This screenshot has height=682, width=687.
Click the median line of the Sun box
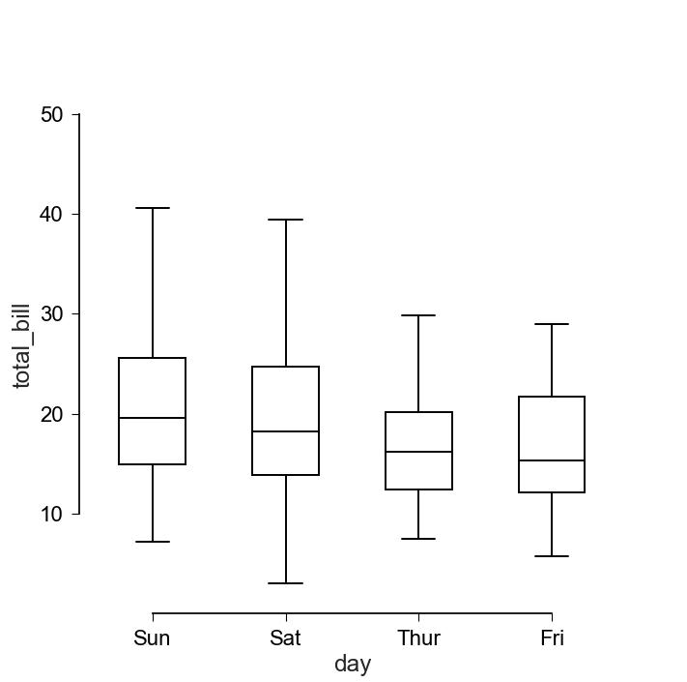point(152,418)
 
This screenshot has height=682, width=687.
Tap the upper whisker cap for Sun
point(152,208)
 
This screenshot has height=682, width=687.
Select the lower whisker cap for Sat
point(285,583)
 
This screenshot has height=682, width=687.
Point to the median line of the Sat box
point(285,431)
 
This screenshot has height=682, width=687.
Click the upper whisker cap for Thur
point(418,315)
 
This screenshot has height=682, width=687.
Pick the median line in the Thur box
point(418,452)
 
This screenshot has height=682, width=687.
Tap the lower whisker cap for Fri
point(552,556)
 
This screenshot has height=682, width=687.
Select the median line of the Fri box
point(552,460)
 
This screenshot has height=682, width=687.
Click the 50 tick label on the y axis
point(52,115)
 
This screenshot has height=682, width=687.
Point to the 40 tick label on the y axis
point(52,215)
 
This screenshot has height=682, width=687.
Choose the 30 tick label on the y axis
point(52,314)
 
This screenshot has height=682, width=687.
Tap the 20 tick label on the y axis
point(52,414)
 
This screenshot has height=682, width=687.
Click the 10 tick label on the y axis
point(52,514)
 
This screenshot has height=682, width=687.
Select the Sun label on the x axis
point(152,638)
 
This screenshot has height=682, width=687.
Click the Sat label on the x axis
point(285,638)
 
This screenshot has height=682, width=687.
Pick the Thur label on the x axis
point(418,638)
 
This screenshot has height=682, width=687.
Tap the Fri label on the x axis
point(552,638)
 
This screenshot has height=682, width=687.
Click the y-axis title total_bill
point(21,345)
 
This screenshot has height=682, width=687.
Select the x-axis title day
point(353,664)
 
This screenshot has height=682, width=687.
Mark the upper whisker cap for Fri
point(552,324)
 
